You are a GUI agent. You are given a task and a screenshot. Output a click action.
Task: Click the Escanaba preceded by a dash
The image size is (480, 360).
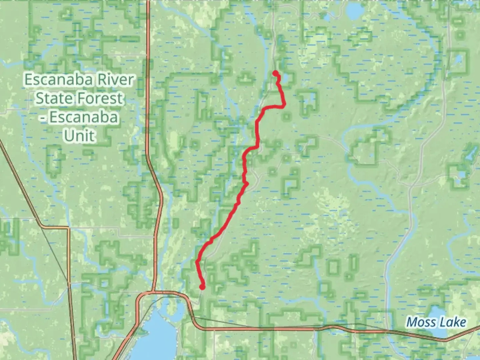point(84,117)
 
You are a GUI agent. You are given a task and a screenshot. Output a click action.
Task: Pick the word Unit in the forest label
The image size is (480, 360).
point(80,136)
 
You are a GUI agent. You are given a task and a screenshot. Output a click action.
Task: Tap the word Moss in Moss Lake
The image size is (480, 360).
point(421,322)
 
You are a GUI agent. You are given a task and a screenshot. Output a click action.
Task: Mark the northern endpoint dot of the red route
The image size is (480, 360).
point(275,73)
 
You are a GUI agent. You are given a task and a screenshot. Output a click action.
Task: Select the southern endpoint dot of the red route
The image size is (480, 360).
point(202,286)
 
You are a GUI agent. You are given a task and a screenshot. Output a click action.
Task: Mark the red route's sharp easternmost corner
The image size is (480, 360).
point(284,105)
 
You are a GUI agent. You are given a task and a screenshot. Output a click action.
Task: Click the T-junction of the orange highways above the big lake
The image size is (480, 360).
point(153,292)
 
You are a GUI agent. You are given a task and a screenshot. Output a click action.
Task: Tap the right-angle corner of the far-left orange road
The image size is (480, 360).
point(68,228)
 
